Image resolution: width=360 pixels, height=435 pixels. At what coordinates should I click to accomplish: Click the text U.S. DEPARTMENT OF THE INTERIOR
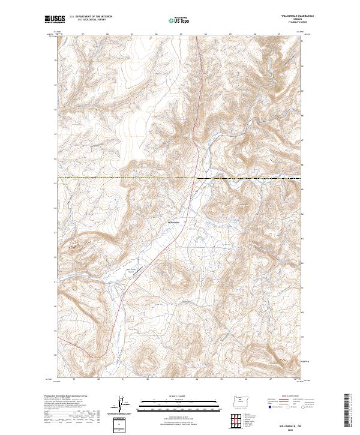pos(91,17)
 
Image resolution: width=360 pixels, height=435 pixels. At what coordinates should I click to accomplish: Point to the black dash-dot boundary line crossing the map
pos(120,178)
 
